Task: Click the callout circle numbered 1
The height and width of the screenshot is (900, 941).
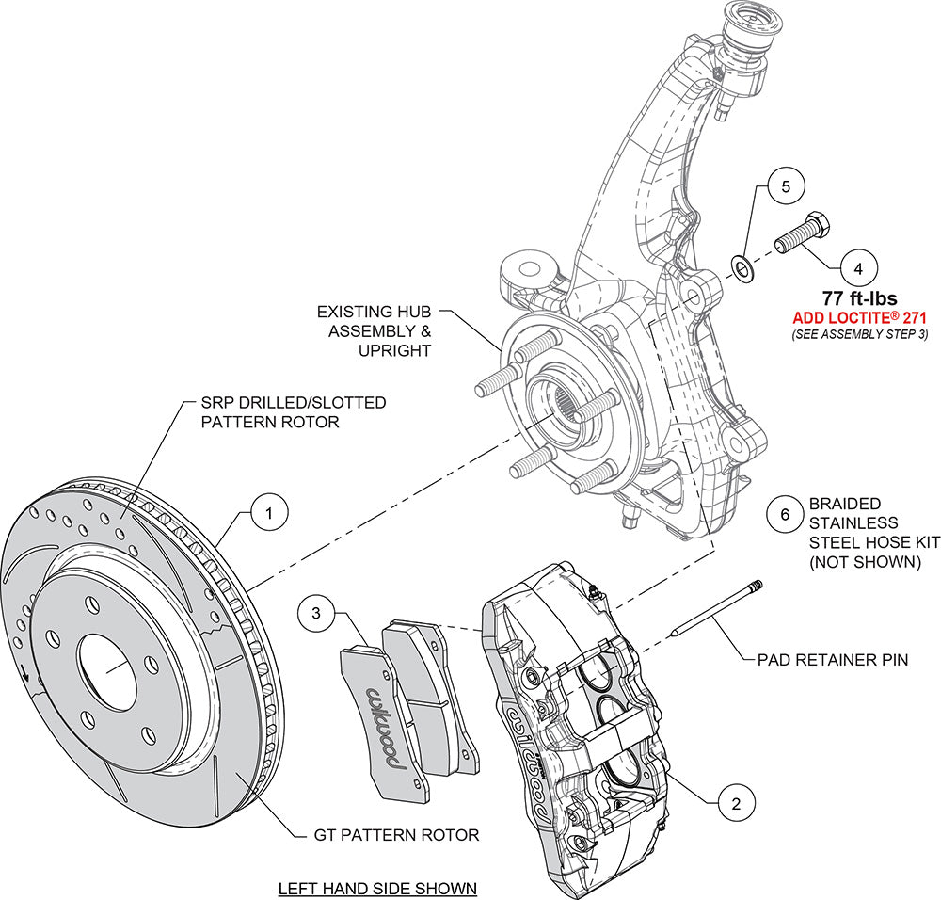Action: [x=268, y=513]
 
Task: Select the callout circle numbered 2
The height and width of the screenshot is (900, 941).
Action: [x=736, y=803]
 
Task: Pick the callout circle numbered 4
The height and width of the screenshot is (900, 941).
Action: [x=857, y=267]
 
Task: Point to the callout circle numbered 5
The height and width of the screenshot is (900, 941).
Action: [x=786, y=185]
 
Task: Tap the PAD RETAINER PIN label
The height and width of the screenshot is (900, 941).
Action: [x=833, y=660]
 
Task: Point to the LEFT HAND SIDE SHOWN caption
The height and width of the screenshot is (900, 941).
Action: [x=376, y=888]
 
